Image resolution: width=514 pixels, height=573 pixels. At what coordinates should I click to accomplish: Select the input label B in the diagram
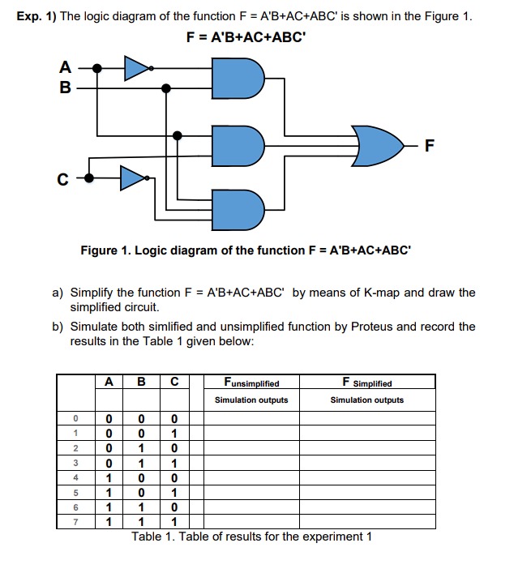pyautogui.click(x=64, y=87)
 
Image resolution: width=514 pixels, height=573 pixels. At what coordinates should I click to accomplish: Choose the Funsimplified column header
pyautogui.click(x=251, y=383)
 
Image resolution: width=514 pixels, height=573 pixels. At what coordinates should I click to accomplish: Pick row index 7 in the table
pyautogui.click(x=74, y=522)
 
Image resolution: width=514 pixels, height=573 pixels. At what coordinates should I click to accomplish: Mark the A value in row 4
pyautogui.click(x=109, y=478)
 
